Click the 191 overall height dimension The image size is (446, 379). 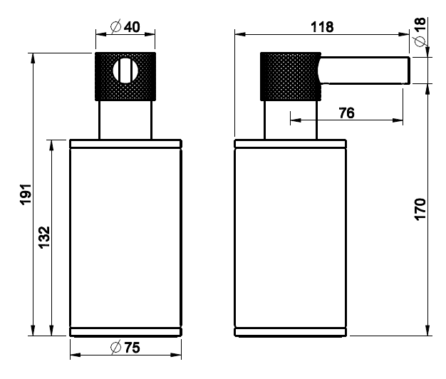pos(26,194)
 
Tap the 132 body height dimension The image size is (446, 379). pos(44,238)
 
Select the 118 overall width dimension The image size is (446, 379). pos(322,27)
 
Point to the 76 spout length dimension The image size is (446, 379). pos(347,113)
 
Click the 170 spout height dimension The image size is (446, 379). pos(420,209)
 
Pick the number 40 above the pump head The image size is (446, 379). pos(133,27)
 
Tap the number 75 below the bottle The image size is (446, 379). pos(133,348)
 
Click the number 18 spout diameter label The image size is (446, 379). pos(420,24)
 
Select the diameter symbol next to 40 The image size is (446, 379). pos(115,27)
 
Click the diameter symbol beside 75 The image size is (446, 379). pos(115,347)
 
